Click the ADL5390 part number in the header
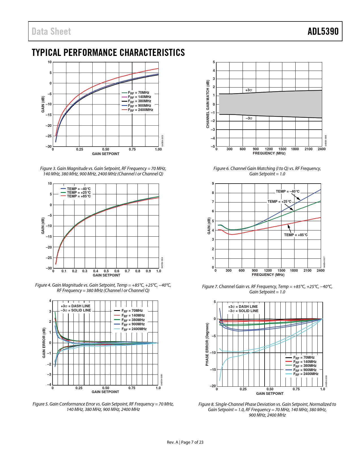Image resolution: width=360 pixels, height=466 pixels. [x=323, y=31]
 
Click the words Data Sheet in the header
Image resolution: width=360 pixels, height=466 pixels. [x=51, y=31]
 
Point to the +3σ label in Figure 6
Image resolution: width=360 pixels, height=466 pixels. [x=248, y=90]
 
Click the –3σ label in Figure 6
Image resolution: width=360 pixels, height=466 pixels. [x=248, y=118]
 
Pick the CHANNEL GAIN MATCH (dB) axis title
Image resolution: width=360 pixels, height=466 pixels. [x=208, y=104]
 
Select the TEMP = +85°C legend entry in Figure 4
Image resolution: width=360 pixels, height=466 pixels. [x=76, y=196]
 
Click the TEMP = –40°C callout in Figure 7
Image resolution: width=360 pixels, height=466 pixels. [x=287, y=191]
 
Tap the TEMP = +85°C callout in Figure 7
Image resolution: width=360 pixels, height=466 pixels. [x=296, y=235]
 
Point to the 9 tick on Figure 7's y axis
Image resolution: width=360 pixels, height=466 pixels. [x=213, y=184]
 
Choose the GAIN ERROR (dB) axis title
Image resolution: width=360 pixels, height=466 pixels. [x=44, y=343]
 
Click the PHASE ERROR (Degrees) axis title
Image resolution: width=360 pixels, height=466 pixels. [x=207, y=344]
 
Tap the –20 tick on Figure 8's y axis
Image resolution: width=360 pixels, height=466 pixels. [x=213, y=386]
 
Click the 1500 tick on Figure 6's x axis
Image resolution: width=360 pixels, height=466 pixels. [x=282, y=149]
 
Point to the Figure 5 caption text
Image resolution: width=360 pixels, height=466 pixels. [x=103, y=407]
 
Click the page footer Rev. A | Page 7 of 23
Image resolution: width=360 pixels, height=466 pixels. [x=185, y=442]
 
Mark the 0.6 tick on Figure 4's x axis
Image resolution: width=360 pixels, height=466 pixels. [x=117, y=271]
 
